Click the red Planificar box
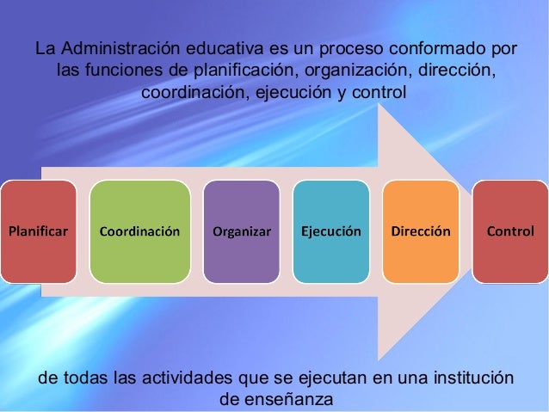[x=38, y=231]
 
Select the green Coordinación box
[x=139, y=231]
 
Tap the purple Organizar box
[x=242, y=231]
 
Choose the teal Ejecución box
[x=330, y=231]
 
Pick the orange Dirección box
[x=421, y=231]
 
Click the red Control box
[x=510, y=231]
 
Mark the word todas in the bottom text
[x=87, y=378]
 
